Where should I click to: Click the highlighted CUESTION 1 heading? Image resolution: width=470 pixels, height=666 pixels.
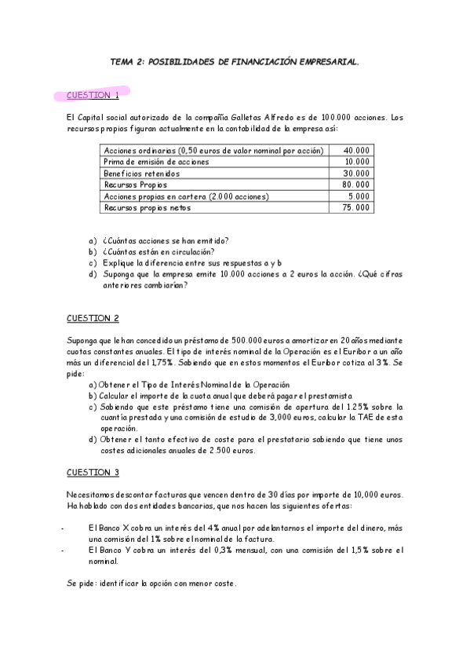pyautogui.click(x=93, y=96)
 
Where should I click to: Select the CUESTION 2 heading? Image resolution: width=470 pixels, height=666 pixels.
pyautogui.click(x=93, y=318)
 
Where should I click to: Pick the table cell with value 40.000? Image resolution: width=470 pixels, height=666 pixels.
pyautogui.click(x=356, y=150)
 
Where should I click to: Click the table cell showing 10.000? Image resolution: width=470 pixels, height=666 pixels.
pyautogui.click(x=356, y=161)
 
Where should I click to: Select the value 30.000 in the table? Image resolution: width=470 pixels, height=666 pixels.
pyautogui.click(x=356, y=173)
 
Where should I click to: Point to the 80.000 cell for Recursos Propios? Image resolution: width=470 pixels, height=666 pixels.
pyautogui.click(x=356, y=185)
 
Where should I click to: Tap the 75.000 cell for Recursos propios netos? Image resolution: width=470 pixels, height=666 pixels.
pyautogui.click(x=356, y=208)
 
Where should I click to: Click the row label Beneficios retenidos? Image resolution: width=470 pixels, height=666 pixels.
pyautogui.click(x=142, y=173)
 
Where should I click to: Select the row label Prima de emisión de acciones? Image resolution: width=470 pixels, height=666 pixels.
pyautogui.click(x=156, y=161)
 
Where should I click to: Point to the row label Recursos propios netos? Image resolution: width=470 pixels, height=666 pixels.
pyautogui.click(x=147, y=208)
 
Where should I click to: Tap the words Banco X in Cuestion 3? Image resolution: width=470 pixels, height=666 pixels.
pyautogui.click(x=111, y=529)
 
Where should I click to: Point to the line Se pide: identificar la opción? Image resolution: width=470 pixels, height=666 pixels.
pyautogui.click(x=151, y=584)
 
